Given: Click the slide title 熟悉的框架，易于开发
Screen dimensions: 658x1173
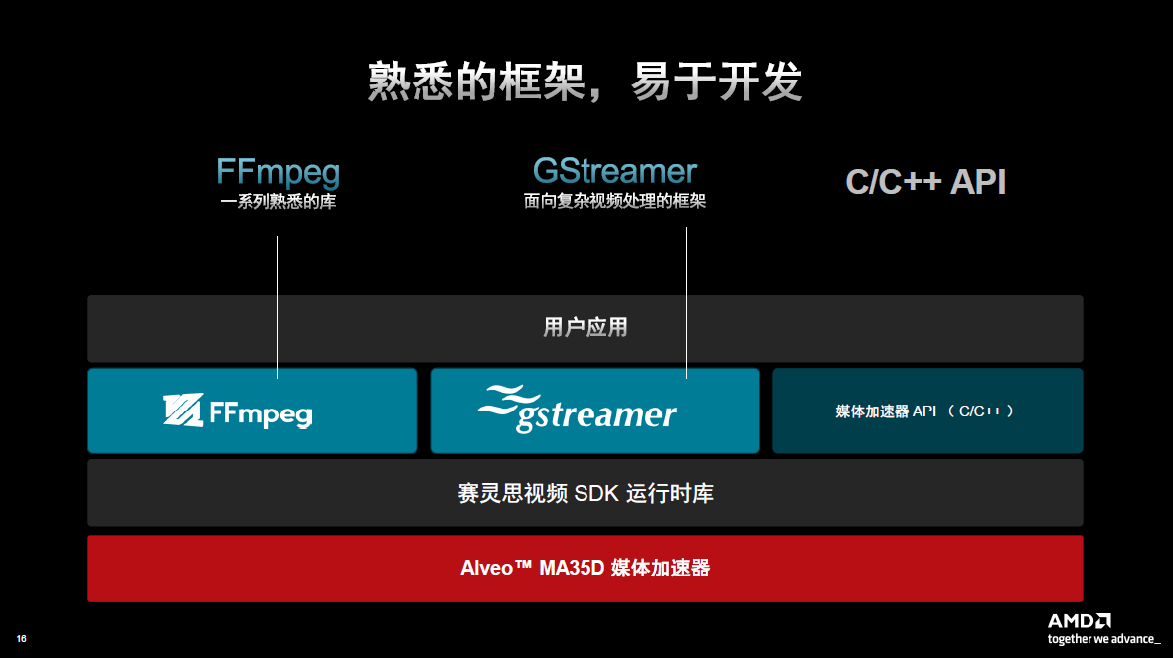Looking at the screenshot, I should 585,82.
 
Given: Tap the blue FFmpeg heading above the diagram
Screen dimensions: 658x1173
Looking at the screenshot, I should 277,172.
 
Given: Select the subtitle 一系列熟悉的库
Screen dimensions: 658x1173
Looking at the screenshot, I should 277,202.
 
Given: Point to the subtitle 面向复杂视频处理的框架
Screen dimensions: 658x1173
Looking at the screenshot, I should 614,201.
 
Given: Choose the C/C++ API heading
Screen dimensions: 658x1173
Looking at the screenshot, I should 924,182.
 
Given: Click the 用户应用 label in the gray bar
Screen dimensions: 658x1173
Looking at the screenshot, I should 585,327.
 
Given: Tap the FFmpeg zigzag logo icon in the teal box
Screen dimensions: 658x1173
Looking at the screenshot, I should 183,411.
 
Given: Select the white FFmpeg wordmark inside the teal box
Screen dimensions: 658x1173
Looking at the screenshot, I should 260,412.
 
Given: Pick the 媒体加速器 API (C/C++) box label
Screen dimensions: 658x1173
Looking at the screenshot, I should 924,411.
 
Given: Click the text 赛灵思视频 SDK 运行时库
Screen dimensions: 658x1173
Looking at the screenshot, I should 585,493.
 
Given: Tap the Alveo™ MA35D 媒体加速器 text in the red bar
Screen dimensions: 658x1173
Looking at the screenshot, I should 585,569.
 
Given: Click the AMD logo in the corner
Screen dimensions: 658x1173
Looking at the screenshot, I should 1079,620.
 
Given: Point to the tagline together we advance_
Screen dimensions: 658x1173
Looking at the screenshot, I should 1102,639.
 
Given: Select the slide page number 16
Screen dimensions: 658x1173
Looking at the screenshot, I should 21,638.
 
